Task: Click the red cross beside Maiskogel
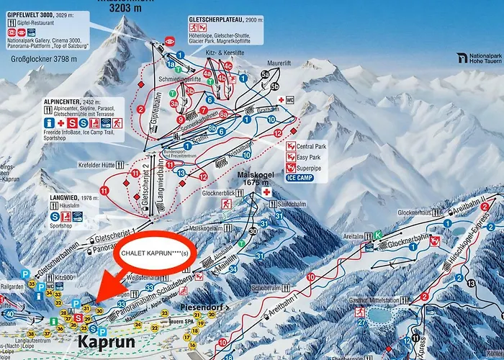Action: [x=268, y=193]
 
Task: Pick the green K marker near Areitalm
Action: [x=378, y=233]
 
